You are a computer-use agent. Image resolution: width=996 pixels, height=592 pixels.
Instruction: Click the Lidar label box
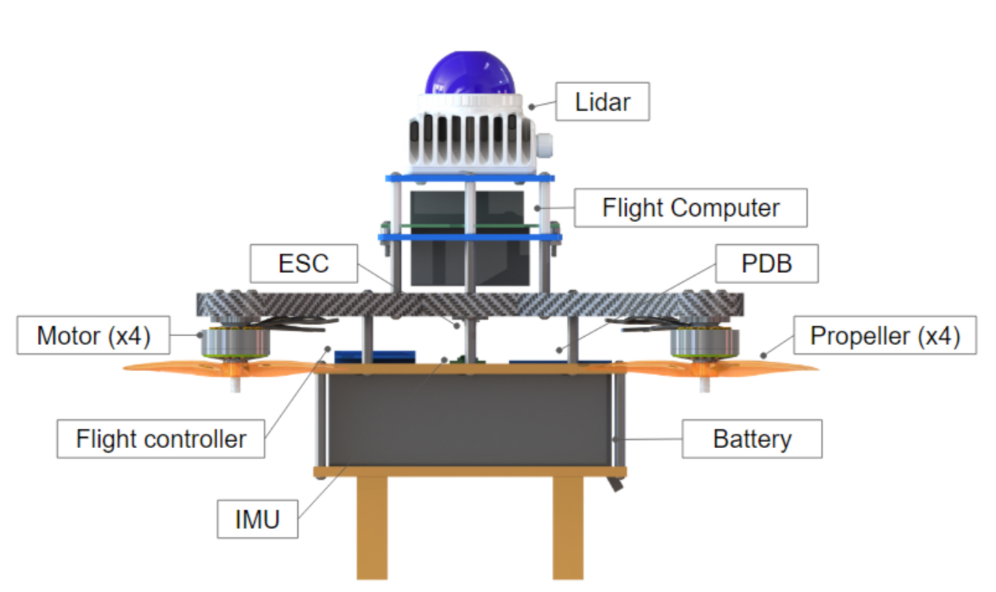(602, 102)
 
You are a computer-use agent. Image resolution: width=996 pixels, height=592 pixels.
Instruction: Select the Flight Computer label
(691, 208)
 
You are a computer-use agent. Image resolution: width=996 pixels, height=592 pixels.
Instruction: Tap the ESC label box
(304, 263)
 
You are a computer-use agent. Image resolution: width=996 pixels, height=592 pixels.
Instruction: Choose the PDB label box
(767, 263)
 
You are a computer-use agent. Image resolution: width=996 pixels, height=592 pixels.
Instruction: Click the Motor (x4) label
(93, 336)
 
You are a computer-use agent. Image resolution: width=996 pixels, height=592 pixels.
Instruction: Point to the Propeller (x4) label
(885, 336)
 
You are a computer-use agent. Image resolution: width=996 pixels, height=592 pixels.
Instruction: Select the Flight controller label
(161, 438)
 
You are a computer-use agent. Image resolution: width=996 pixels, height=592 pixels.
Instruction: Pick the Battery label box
(751, 438)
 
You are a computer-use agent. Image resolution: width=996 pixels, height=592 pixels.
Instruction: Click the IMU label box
(257, 519)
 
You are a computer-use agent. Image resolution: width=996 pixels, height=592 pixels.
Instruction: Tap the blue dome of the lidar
(470, 75)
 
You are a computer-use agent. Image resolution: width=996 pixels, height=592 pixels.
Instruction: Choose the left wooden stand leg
(372, 527)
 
